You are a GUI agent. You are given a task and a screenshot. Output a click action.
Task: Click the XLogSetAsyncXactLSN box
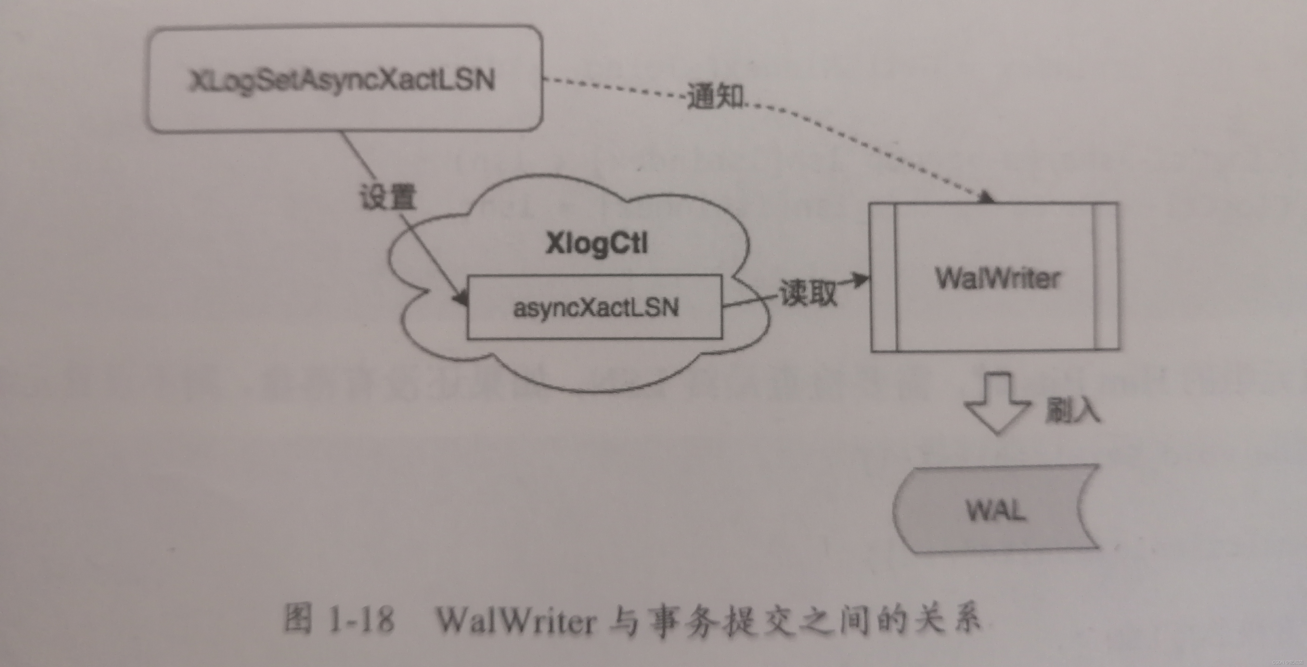tap(345, 80)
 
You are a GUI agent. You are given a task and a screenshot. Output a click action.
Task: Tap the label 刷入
tap(1072, 410)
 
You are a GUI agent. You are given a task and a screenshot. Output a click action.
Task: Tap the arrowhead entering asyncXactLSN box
tap(462, 299)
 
